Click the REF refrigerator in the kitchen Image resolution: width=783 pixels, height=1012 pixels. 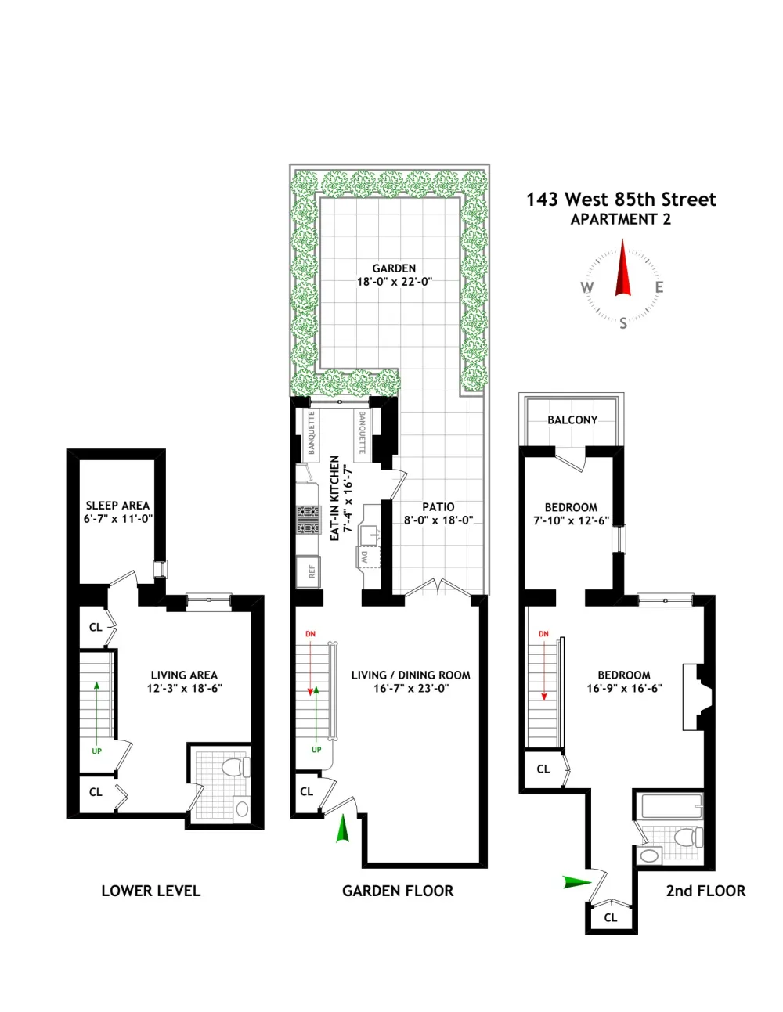(308, 571)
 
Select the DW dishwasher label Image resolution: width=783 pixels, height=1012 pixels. (365, 557)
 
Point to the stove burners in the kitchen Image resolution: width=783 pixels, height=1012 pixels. (309, 519)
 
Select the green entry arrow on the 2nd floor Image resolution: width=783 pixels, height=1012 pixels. (576, 881)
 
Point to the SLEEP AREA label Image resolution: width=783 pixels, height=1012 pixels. (118, 506)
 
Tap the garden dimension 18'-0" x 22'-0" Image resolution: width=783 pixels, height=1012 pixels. (395, 281)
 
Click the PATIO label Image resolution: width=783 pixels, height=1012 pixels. (438, 506)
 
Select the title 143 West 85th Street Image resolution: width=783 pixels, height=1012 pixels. (621, 200)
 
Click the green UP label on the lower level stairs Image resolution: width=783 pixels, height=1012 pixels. (96, 751)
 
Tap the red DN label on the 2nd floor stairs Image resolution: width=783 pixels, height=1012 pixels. (543, 634)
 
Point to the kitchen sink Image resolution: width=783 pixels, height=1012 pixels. (371, 532)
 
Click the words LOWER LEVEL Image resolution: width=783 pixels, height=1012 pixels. (151, 891)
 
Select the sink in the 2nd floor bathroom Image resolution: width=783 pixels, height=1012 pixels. (650, 855)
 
